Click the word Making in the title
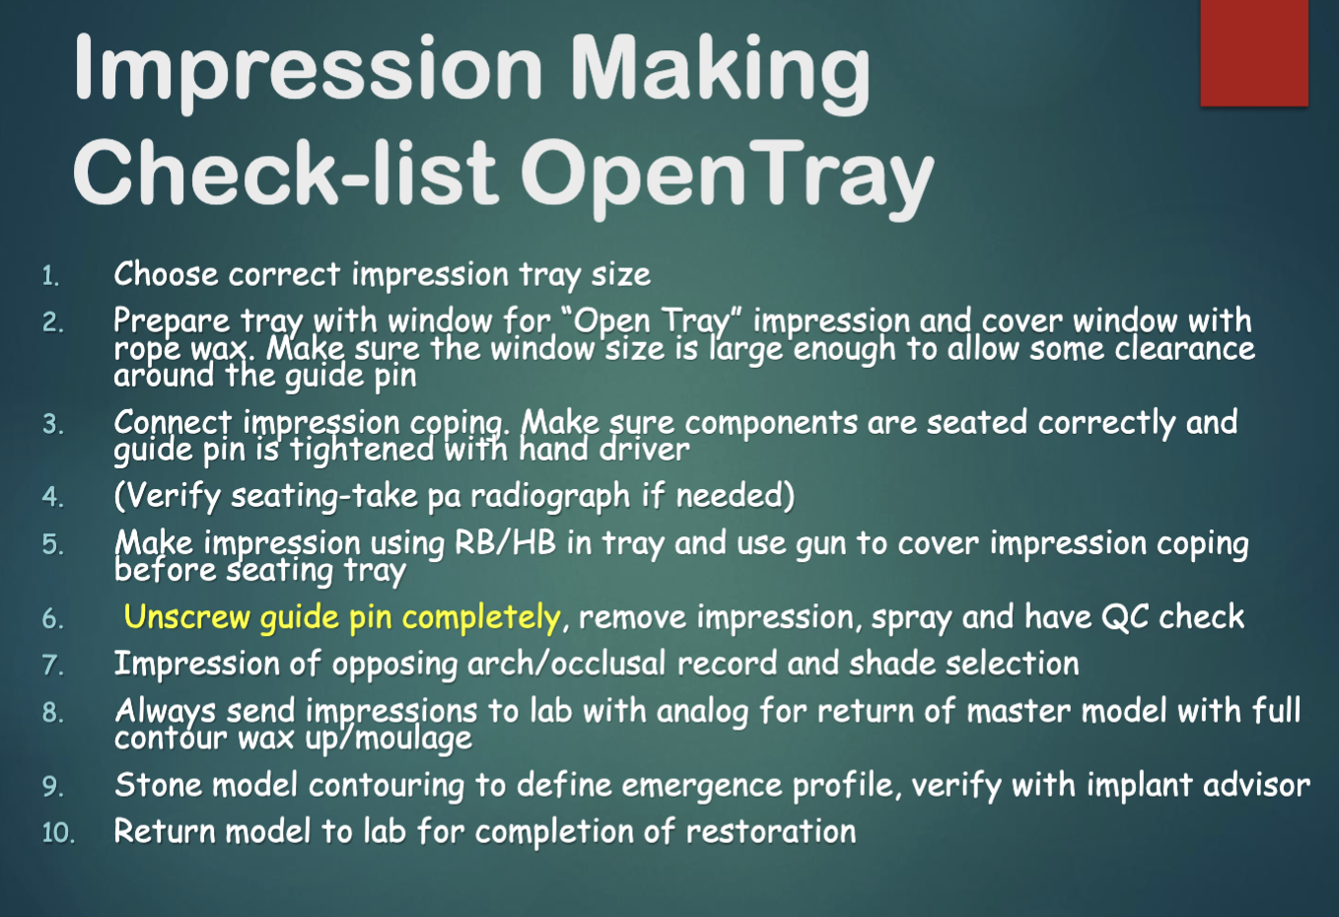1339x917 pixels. [x=721, y=69]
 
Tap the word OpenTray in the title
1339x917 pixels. [x=728, y=175]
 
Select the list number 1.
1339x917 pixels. [x=51, y=276]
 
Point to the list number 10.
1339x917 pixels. [x=58, y=833]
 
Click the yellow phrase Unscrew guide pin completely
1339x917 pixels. [x=342, y=617]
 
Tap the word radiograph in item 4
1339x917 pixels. [x=549, y=496]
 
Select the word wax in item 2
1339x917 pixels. [x=223, y=349]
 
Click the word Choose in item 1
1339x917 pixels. [x=165, y=274]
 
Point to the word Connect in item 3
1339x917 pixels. [x=173, y=422]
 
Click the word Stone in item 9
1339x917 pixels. [x=158, y=785]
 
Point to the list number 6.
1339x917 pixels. [x=53, y=619]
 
